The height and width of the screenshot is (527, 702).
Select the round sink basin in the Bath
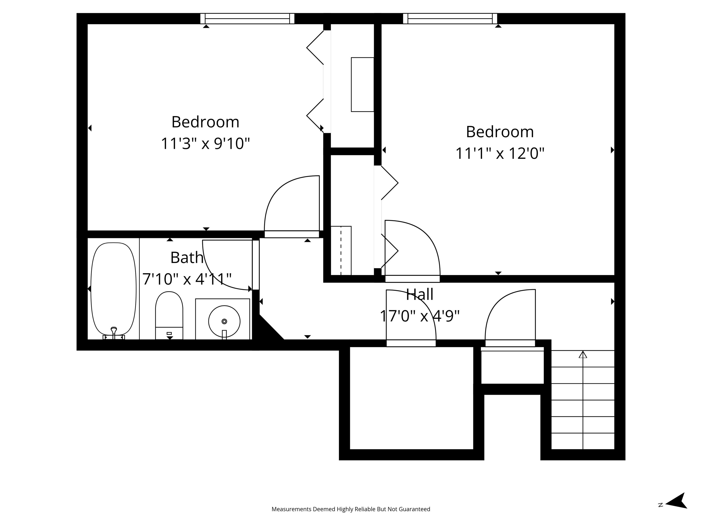[x=224, y=321]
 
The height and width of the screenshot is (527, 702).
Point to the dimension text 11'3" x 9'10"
[x=205, y=144]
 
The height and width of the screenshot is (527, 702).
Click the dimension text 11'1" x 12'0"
[x=500, y=154]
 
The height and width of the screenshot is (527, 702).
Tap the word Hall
[x=420, y=294]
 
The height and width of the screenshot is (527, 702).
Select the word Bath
[x=187, y=258]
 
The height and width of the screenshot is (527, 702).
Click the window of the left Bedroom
[x=247, y=19]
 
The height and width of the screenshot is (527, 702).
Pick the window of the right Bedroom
[x=450, y=19]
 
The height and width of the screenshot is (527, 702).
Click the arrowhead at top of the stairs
[x=583, y=355]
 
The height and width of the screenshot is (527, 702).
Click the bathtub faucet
[x=114, y=332]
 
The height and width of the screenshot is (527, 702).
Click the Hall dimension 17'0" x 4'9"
[x=420, y=316]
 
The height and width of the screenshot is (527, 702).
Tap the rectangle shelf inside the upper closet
[x=362, y=84]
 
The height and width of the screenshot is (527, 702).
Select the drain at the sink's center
[x=224, y=321]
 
